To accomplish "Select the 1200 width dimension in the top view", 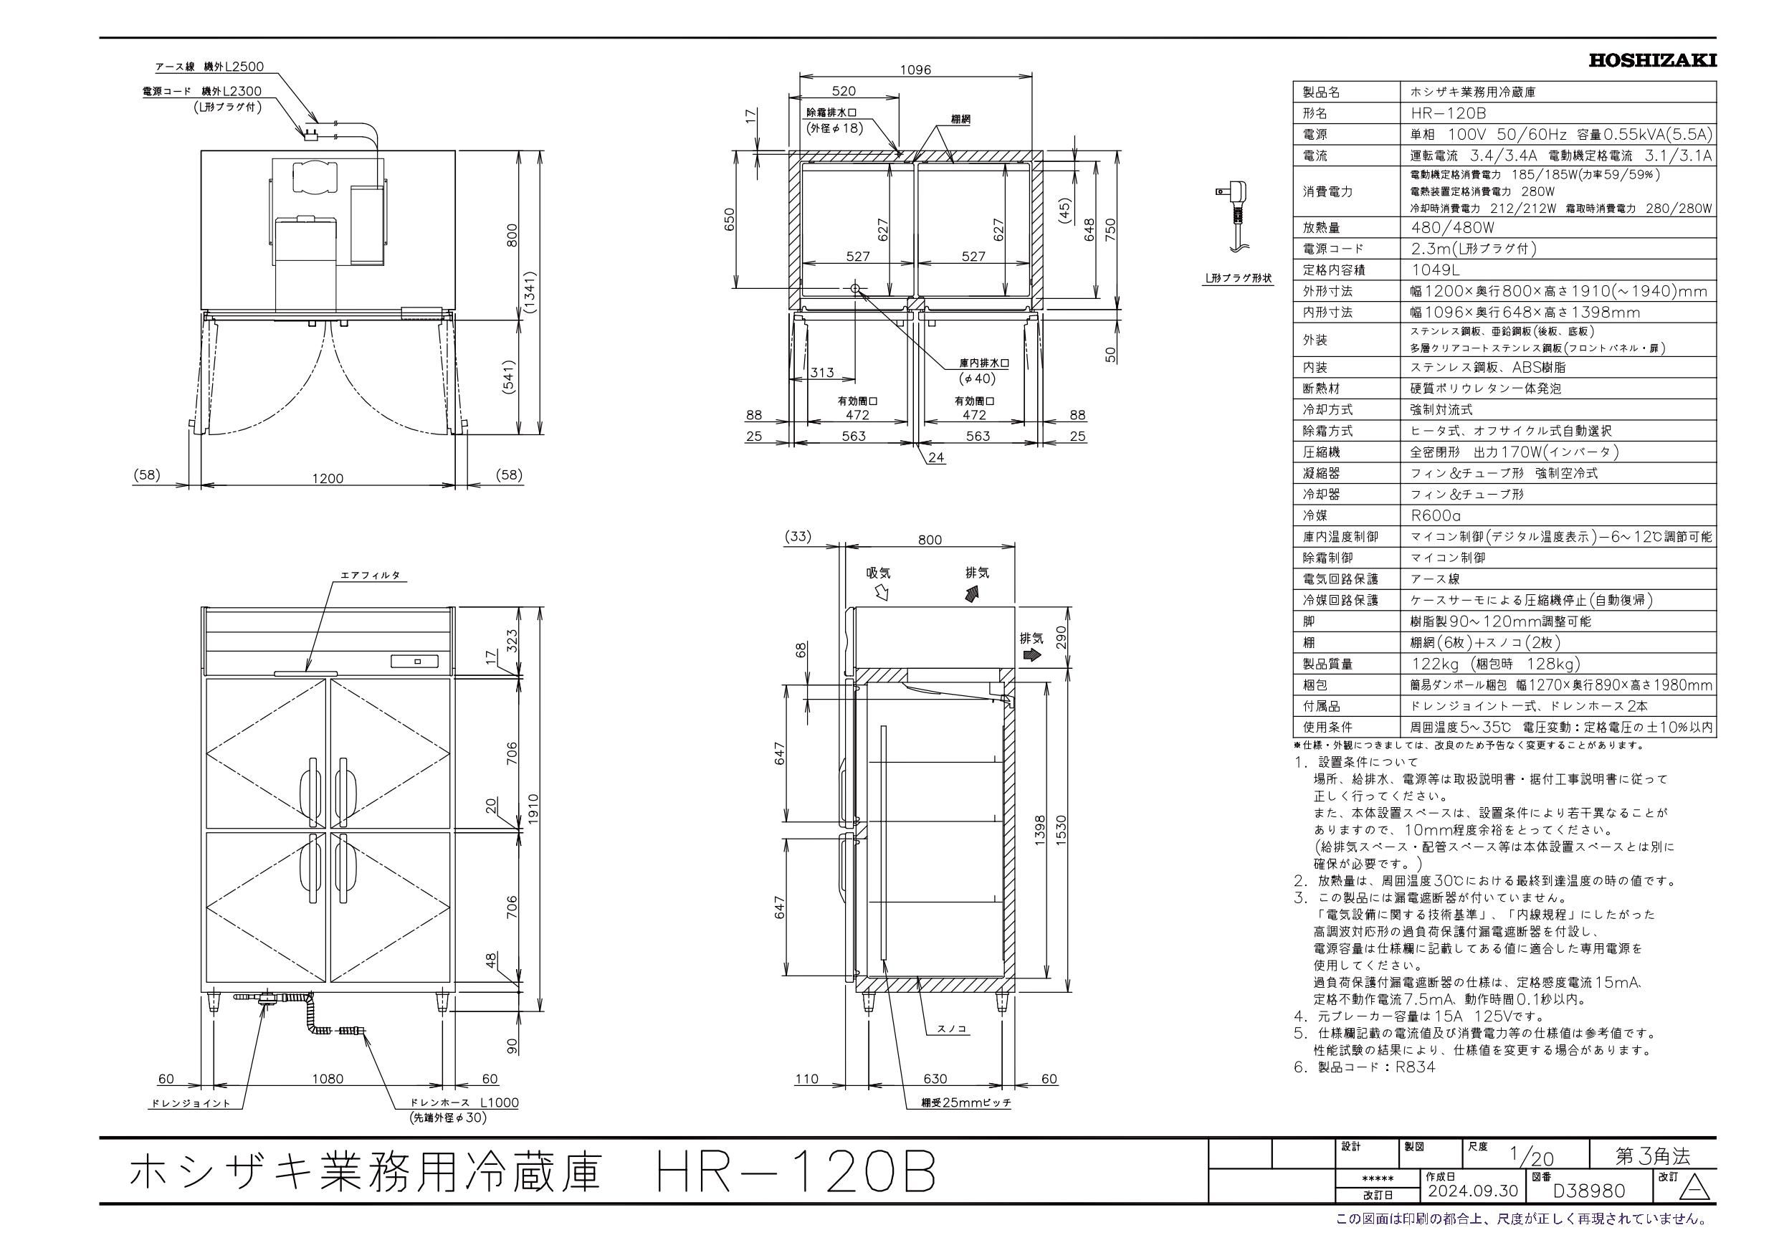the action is [x=328, y=478].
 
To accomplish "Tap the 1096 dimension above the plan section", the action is [x=915, y=70].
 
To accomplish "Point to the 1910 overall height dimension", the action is [x=533, y=810].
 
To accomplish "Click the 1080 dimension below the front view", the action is [x=328, y=1078].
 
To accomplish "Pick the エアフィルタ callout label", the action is [x=371, y=575].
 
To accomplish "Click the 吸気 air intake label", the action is [x=879, y=573].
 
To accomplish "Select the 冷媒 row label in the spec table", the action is [x=1316, y=515].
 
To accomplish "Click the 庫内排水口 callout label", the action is [x=983, y=363].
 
